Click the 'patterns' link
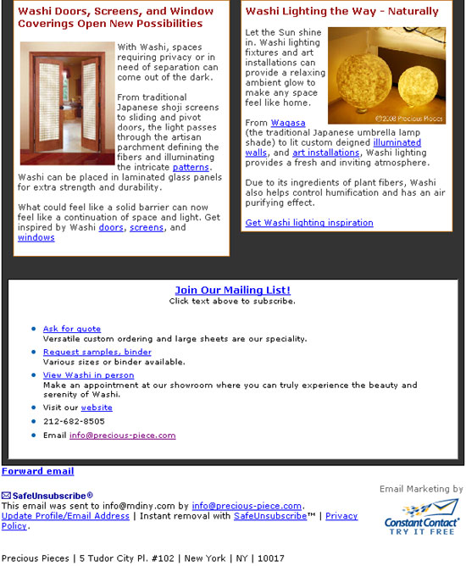[x=191, y=168]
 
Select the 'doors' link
[x=110, y=228]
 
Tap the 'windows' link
[x=36, y=238]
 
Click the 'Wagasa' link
[x=288, y=124]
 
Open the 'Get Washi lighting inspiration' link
[x=308, y=223]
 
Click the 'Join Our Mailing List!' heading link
[x=232, y=290]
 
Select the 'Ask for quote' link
[x=72, y=329]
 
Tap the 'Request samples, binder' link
[x=97, y=352]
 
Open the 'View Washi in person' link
[x=88, y=375]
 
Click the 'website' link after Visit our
[x=97, y=408]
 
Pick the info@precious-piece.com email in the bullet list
[x=122, y=436]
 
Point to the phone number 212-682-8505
[x=74, y=421]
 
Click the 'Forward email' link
[x=37, y=471]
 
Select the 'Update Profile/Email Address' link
[x=65, y=516]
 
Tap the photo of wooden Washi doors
[x=66, y=103]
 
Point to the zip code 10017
[x=272, y=558]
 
